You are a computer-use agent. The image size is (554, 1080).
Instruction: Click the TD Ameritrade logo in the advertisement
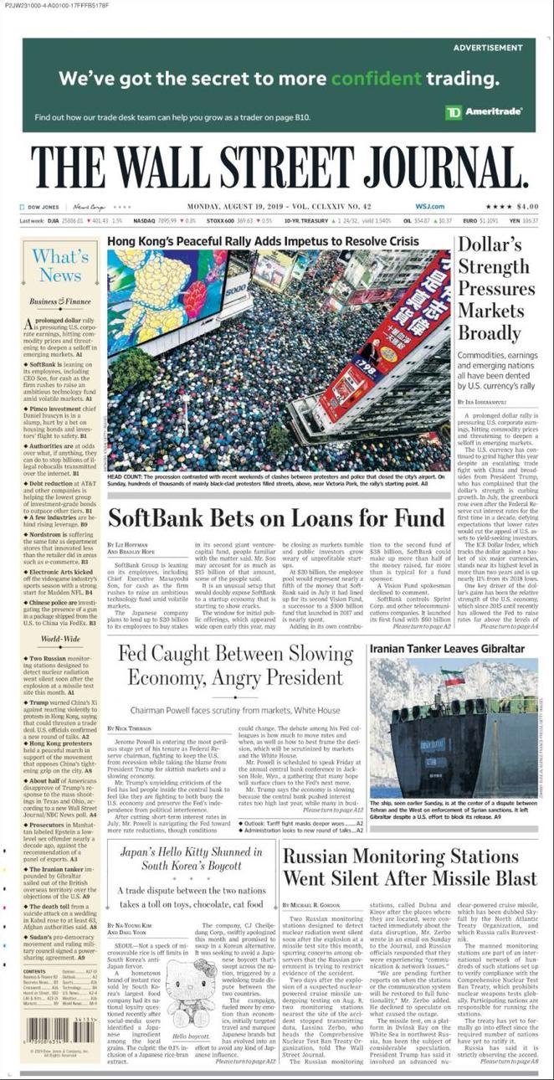[x=484, y=111]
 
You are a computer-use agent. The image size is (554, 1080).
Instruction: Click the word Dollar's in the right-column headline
[x=490, y=245]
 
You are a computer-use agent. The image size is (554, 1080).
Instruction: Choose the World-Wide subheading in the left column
[x=59, y=639]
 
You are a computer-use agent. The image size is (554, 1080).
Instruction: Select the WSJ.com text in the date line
[x=429, y=207]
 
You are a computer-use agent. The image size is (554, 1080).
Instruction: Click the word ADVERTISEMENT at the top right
[x=487, y=49]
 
